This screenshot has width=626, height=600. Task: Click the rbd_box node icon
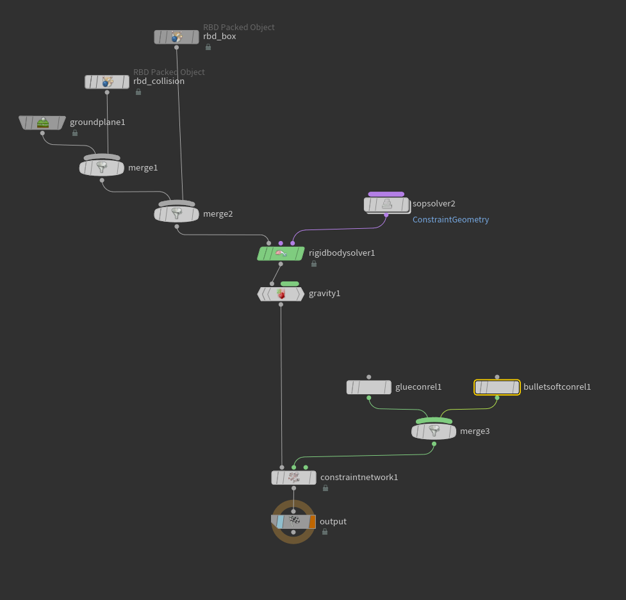(x=176, y=37)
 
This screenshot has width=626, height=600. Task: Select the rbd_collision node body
(x=107, y=82)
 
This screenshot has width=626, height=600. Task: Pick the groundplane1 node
(x=42, y=122)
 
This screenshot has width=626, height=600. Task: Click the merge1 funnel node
(x=102, y=168)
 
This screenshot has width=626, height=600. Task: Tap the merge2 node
(x=176, y=214)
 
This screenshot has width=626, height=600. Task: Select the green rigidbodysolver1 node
(x=281, y=253)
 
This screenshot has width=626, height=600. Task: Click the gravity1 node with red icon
(x=281, y=294)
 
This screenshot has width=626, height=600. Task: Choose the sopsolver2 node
(x=387, y=205)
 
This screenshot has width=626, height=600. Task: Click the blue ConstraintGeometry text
(x=450, y=220)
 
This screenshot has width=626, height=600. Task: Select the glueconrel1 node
(x=369, y=387)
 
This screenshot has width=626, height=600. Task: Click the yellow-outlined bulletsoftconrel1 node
(x=497, y=387)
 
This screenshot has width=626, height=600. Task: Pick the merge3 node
(x=434, y=431)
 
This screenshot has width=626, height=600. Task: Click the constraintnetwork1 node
(x=293, y=478)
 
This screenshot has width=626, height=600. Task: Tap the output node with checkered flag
(x=293, y=522)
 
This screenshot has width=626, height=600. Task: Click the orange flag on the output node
(x=312, y=522)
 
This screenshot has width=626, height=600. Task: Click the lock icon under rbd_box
(x=208, y=47)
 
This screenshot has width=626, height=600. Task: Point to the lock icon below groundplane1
(x=75, y=133)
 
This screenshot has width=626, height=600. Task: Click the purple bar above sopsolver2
(x=386, y=194)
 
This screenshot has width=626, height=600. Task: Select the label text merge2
(x=218, y=214)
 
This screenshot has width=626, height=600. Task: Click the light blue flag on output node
(x=280, y=522)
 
